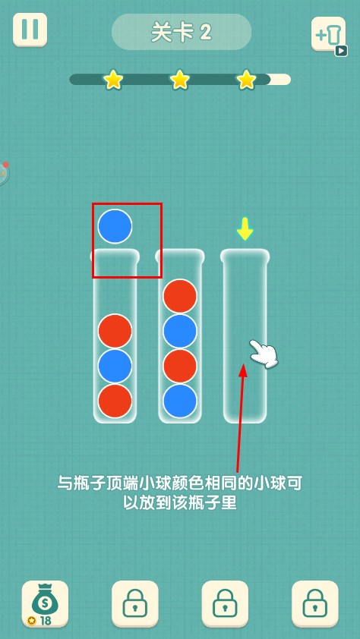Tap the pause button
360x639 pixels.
[x=30, y=30]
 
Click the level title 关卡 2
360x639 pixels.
[x=182, y=32]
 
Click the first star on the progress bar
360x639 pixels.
[x=113, y=79]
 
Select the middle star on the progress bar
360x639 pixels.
[x=180, y=79]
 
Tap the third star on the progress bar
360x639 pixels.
[x=247, y=79]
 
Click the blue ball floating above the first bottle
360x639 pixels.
[x=115, y=226]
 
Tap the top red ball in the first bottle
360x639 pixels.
[x=115, y=331]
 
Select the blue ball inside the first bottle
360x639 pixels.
[x=115, y=366]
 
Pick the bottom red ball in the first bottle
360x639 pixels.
[x=115, y=401]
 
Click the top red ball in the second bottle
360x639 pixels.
[x=180, y=296]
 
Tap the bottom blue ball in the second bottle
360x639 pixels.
[x=180, y=401]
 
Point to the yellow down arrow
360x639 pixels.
[x=245, y=229]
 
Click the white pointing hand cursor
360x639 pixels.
[x=264, y=354]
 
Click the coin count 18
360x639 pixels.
[x=46, y=621]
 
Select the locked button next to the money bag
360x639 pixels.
[x=135, y=603]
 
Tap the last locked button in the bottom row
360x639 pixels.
[x=315, y=603]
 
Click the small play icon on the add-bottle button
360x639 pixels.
[x=341, y=51]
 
